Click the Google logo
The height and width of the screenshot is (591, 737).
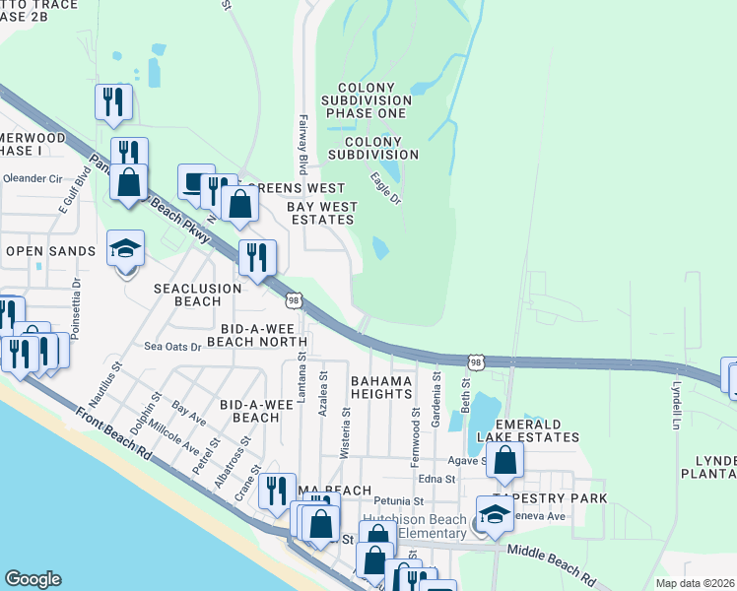(33, 579)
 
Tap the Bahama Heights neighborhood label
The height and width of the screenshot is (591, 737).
(380, 386)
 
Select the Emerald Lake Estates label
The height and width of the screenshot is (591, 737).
(527, 429)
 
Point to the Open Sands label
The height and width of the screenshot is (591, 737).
(50, 251)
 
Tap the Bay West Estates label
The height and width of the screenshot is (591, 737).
(322, 214)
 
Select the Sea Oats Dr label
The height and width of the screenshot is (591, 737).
(172, 347)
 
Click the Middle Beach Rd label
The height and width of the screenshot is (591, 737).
(552, 562)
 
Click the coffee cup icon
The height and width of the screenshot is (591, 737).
(196, 181)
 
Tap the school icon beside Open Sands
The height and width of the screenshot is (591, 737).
(126, 248)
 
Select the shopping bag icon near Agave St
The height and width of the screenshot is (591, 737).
(504, 460)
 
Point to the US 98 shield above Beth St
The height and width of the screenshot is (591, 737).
(476, 363)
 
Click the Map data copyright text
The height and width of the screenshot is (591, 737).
(696, 582)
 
